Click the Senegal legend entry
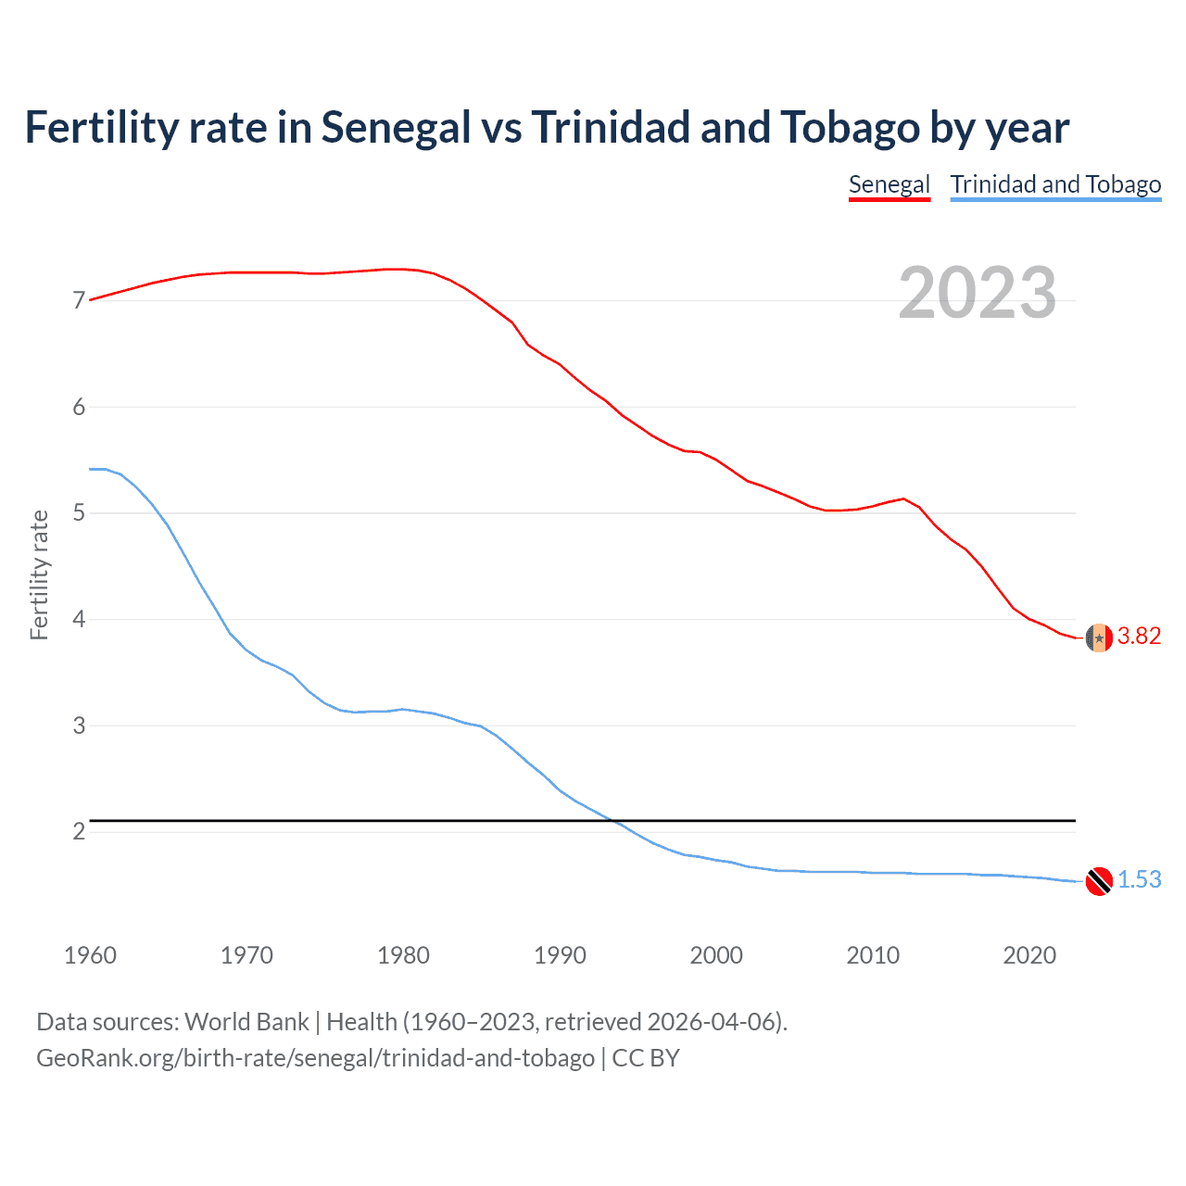(x=889, y=184)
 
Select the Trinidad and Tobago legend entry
(x=1055, y=184)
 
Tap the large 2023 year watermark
(x=977, y=293)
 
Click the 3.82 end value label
(x=1139, y=636)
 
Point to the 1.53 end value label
(x=1139, y=879)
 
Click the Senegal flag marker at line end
(x=1099, y=637)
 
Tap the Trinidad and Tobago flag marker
(x=1099, y=881)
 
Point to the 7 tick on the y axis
(x=79, y=300)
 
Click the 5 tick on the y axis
(x=79, y=512)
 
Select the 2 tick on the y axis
(x=79, y=831)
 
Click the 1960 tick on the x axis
(x=90, y=955)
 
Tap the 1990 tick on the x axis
(x=560, y=955)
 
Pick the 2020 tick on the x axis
(x=1029, y=955)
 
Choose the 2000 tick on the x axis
(x=716, y=955)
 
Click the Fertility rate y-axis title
(x=39, y=574)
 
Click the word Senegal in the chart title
(x=396, y=128)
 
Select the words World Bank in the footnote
(x=246, y=1022)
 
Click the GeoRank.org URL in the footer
(x=315, y=1058)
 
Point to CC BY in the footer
(x=646, y=1058)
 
